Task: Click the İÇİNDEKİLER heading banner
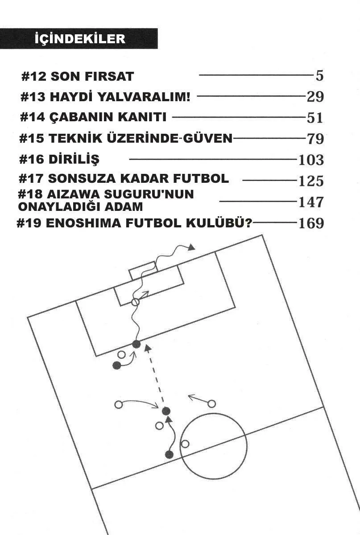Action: [79, 39]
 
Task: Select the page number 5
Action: [319, 76]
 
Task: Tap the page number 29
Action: [315, 96]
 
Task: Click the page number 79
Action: [315, 139]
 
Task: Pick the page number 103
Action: [310, 160]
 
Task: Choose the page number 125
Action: [310, 181]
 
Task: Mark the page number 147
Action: [310, 202]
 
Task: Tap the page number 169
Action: [310, 222]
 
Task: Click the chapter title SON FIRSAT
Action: [92, 76]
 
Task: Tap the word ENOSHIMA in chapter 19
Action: [87, 223]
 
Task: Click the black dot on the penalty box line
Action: [137, 344]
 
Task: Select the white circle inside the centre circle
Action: [185, 444]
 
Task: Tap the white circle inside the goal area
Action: [135, 302]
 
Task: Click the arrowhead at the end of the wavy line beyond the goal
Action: [192, 247]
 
